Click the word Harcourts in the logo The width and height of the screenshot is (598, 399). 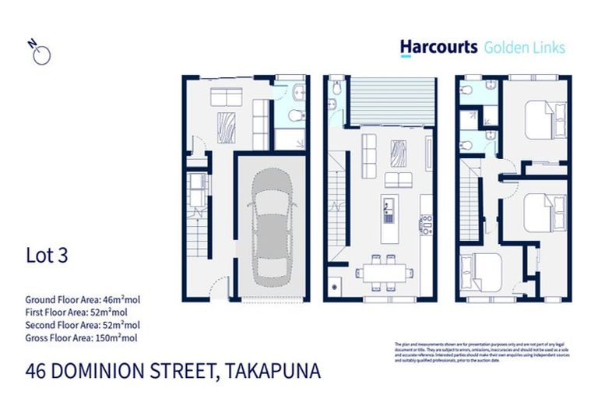(x=438, y=47)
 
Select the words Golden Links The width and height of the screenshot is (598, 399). (x=525, y=48)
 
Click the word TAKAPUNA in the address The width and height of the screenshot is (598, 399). (x=272, y=371)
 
